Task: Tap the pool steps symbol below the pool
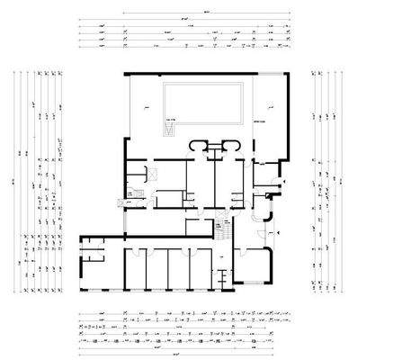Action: (168, 130)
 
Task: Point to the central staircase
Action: (221, 229)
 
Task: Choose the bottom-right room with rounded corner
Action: (257, 267)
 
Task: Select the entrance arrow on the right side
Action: (277, 231)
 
